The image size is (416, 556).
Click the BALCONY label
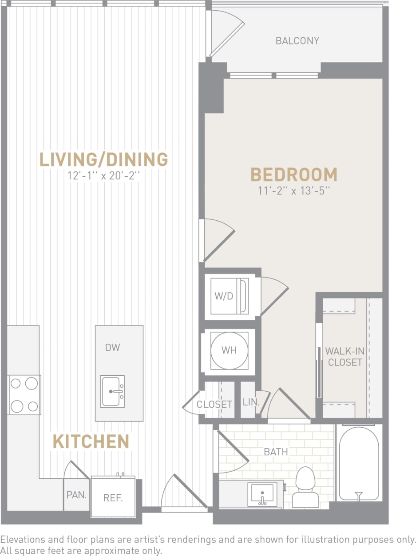297,41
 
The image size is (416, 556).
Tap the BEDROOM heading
294,175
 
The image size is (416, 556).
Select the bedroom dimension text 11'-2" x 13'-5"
294,191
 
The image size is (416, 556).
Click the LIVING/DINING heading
104,159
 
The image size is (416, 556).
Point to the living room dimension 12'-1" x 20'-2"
104,175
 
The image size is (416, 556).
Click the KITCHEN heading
91,441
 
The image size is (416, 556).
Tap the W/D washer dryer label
224,296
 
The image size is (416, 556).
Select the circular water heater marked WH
229,350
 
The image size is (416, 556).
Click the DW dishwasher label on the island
112,347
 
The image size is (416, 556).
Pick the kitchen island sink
112,391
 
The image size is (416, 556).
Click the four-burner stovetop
24,395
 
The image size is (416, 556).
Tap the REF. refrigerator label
113,498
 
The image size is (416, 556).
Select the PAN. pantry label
76,495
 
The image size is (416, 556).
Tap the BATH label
276,452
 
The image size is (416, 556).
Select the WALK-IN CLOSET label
345,357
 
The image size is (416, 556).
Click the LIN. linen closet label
251,402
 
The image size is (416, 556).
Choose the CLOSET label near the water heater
214,404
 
